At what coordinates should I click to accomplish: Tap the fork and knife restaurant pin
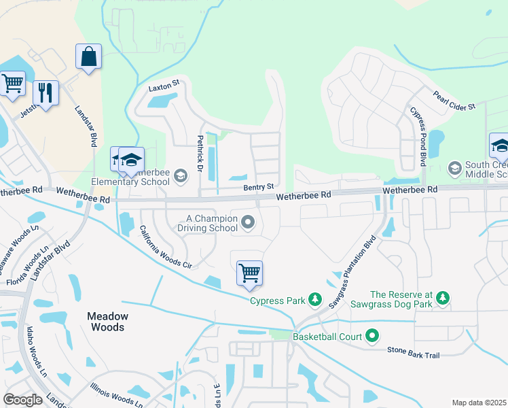pyautogui.click(x=46, y=92)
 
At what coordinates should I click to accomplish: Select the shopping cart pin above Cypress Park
pyautogui.click(x=249, y=273)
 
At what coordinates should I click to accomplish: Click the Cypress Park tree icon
pyautogui.click(x=314, y=299)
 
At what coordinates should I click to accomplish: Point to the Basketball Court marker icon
pyautogui.click(x=371, y=336)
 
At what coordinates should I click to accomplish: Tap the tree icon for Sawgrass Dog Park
pyautogui.click(x=442, y=299)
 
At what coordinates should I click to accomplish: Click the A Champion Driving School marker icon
pyautogui.click(x=249, y=222)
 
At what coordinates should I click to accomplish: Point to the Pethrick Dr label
pyautogui.click(x=200, y=153)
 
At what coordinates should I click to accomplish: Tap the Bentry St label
pyautogui.click(x=259, y=186)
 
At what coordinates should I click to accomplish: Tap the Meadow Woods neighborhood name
pyautogui.click(x=107, y=322)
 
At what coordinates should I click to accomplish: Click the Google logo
pyautogui.click(x=22, y=400)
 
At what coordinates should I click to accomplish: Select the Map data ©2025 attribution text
pyautogui.click(x=478, y=403)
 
